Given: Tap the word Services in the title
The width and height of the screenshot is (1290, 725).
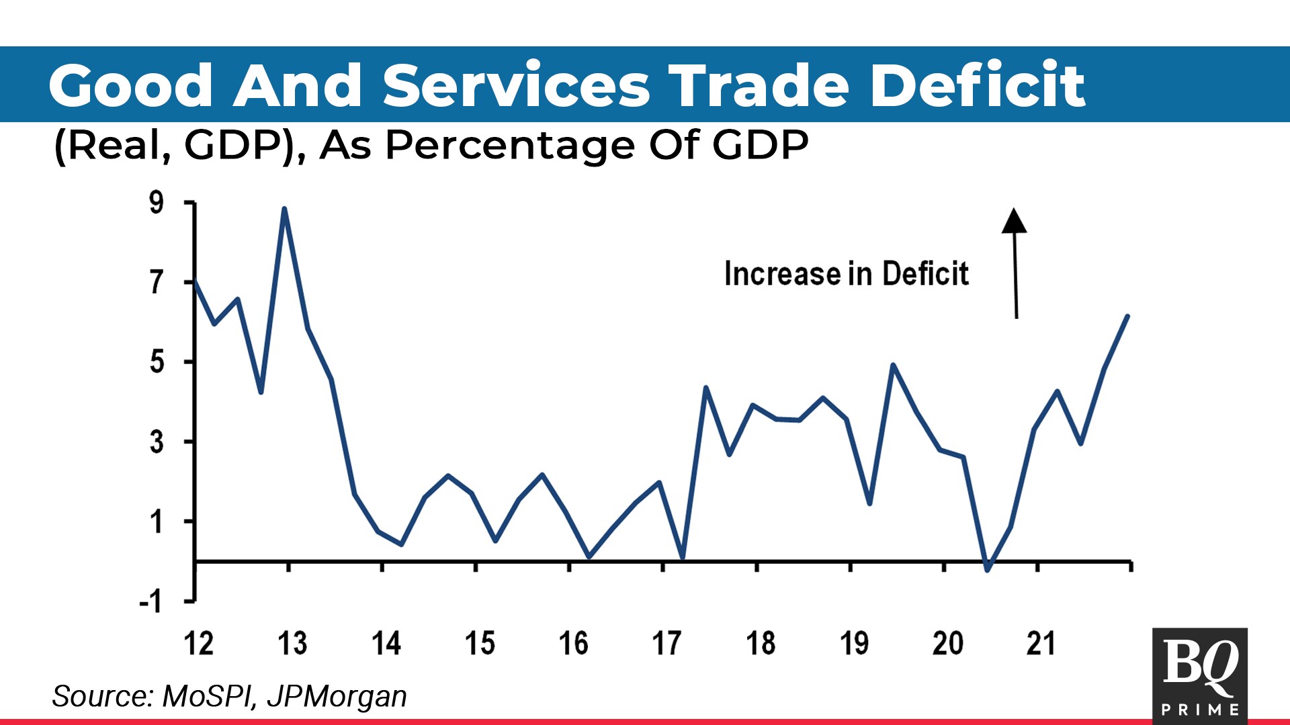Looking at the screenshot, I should [516, 85].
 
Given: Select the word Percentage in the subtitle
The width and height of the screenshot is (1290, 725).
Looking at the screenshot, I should [511, 145].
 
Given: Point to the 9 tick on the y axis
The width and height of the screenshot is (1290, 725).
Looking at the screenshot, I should [157, 202].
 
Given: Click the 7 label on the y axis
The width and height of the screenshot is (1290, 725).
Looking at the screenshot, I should [157, 282].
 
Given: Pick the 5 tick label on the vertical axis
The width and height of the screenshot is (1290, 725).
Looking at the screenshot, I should [157, 362].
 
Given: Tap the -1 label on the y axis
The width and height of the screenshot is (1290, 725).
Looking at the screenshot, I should [150, 601].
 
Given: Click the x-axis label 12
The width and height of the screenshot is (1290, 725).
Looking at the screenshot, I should [199, 643].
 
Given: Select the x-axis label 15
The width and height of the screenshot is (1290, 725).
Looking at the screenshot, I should [480, 643].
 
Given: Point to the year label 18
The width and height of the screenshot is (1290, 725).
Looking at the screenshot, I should [761, 643].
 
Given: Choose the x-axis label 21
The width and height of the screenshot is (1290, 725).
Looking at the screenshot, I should [1041, 643].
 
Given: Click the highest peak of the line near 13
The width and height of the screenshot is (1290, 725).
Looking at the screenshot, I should [284, 209].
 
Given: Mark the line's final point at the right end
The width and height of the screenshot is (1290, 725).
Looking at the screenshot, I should [1127, 316].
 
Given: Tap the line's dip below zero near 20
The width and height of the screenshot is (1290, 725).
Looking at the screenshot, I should [987, 570].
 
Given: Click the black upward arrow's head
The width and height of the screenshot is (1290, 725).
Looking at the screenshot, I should [1014, 220].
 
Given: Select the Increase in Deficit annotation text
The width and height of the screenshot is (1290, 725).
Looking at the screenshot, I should [846, 274].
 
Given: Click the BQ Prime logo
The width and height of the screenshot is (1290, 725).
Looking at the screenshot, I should [1199, 675].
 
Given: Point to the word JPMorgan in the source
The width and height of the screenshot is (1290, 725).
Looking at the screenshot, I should [337, 696].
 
